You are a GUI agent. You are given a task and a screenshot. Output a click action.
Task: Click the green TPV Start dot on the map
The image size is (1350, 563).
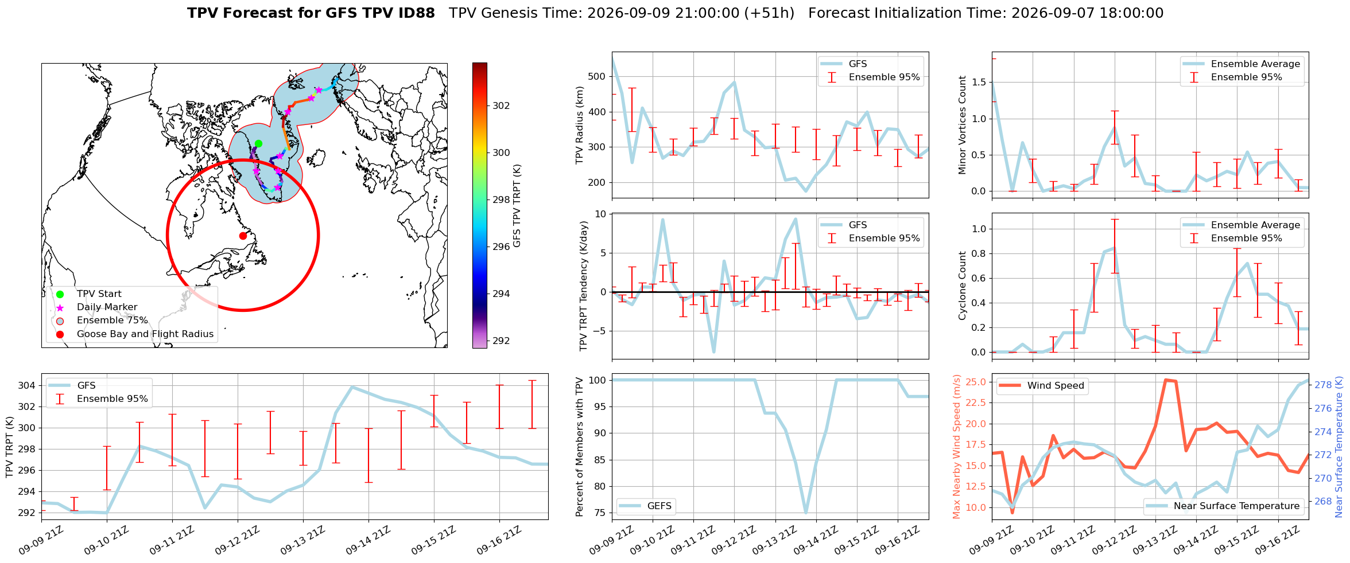(258, 143)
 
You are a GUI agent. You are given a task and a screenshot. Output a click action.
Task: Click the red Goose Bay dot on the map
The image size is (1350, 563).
(243, 236)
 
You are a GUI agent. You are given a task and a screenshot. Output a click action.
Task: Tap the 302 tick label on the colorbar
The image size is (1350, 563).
(501, 105)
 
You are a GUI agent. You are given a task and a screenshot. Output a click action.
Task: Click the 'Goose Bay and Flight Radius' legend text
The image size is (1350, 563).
(145, 334)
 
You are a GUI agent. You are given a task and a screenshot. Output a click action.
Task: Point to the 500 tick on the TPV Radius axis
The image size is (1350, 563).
(597, 76)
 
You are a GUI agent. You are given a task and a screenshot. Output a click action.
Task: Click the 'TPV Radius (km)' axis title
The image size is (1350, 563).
(580, 125)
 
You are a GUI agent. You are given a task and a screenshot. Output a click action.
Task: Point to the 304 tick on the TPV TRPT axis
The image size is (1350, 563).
(26, 385)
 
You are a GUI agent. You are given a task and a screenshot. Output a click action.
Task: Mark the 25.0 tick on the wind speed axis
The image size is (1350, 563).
(976, 382)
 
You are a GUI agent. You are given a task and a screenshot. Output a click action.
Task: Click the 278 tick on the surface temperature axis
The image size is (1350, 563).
(1324, 385)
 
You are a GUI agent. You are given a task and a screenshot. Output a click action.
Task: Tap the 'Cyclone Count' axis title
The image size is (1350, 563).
(962, 286)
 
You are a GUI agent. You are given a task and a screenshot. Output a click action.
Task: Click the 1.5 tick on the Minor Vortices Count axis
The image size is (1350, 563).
(979, 82)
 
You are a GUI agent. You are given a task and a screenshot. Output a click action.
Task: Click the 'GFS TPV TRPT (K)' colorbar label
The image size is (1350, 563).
(517, 206)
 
